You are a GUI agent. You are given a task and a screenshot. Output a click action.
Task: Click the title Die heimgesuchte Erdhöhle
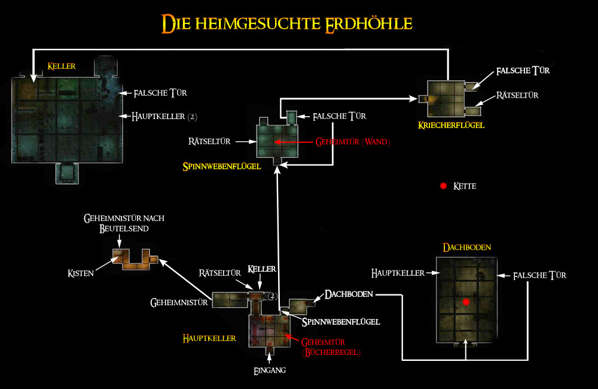coord(288,23)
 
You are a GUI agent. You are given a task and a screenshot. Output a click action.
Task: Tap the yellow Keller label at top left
coord(62,66)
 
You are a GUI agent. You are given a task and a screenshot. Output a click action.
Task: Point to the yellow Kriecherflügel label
coord(451,125)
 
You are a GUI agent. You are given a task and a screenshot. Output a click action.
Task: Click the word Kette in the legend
coord(465,186)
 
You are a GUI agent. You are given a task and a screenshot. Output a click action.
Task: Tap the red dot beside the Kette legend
coord(443,186)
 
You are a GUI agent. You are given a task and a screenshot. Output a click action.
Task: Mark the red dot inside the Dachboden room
coord(466,303)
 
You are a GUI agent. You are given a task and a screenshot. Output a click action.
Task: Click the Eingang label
coord(270,370)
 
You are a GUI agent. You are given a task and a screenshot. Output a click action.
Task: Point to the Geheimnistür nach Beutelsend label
coord(124,223)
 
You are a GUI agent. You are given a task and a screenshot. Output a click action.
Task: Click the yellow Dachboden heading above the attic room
coord(463,247)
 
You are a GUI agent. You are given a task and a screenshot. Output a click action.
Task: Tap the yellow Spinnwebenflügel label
coord(222,166)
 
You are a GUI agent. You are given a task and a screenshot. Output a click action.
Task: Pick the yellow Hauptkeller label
coord(209,338)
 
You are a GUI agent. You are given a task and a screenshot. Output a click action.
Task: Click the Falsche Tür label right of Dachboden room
coord(541,275)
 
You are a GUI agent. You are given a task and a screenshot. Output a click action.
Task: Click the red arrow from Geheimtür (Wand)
coord(293,142)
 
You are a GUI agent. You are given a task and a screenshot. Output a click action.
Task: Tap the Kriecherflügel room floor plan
coord(446,98)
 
